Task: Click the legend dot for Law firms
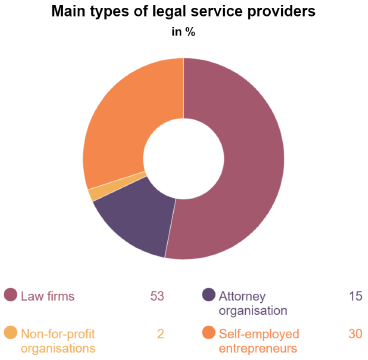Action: click(x=11, y=295)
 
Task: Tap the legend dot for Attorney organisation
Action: click(x=209, y=295)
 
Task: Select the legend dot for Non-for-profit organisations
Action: click(x=11, y=333)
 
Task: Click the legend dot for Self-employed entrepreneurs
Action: click(x=209, y=333)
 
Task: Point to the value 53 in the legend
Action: click(x=156, y=296)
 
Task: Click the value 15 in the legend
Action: click(x=355, y=296)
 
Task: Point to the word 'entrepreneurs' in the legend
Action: click(x=261, y=348)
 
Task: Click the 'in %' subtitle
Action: click(x=184, y=31)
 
